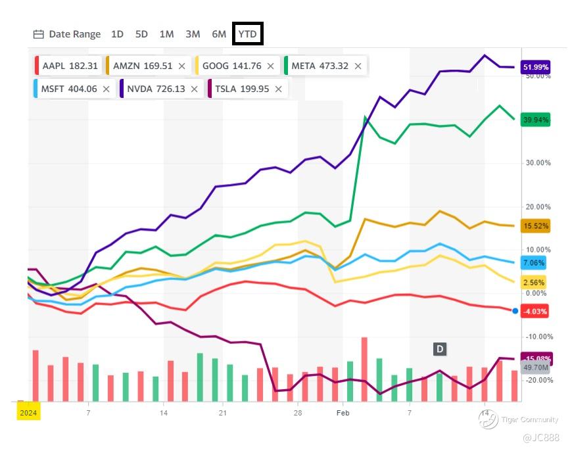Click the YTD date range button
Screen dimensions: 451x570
pyautogui.click(x=248, y=34)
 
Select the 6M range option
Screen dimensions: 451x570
pyautogui.click(x=219, y=34)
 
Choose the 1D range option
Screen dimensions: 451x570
pyautogui.click(x=117, y=34)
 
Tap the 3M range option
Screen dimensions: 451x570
pyautogui.click(x=193, y=34)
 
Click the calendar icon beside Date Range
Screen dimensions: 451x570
pyautogui.click(x=39, y=34)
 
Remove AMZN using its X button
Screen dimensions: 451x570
pyautogui.click(x=182, y=66)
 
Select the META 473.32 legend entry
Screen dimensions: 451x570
pyautogui.click(x=320, y=66)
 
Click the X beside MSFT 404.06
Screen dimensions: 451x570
pyautogui.click(x=107, y=89)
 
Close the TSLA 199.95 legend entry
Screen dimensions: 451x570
pyautogui.click(x=279, y=89)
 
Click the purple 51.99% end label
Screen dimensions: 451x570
pyautogui.click(x=535, y=67)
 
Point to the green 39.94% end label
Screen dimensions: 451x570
pyautogui.click(x=535, y=120)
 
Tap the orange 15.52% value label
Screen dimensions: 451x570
pyautogui.click(x=535, y=226)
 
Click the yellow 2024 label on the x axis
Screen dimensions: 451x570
pyautogui.click(x=28, y=413)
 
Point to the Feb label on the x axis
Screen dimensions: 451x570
pyautogui.click(x=343, y=413)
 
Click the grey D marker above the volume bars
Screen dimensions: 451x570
pyautogui.click(x=439, y=349)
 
